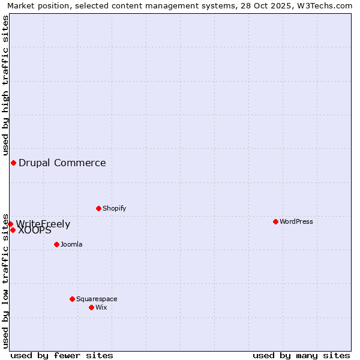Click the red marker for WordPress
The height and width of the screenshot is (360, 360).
tap(275, 221)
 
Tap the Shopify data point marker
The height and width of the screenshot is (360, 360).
tap(98, 208)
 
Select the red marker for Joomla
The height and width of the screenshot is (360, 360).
tap(56, 244)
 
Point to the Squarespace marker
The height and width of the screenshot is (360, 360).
tap(72, 299)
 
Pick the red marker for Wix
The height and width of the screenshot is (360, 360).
tap(91, 307)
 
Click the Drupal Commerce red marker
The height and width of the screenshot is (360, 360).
tap(13, 163)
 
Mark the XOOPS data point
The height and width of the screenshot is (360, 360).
tap(13, 230)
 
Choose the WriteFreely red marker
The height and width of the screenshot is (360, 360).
tap(10, 224)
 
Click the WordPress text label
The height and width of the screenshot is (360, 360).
tap(296, 221)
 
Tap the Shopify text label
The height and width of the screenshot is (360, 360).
tap(115, 208)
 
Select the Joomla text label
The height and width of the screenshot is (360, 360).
tap(71, 244)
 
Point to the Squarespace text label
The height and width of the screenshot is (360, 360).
tap(97, 299)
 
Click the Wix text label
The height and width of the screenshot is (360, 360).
tap(101, 307)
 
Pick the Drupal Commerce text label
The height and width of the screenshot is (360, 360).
tap(62, 163)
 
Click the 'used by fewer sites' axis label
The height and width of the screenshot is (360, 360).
tap(62, 355)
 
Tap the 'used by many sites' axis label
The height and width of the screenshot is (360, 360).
tap(301, 355)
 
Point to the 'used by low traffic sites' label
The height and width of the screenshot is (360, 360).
tap(5, 280)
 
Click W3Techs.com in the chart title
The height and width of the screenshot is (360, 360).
tap(328, 5)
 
